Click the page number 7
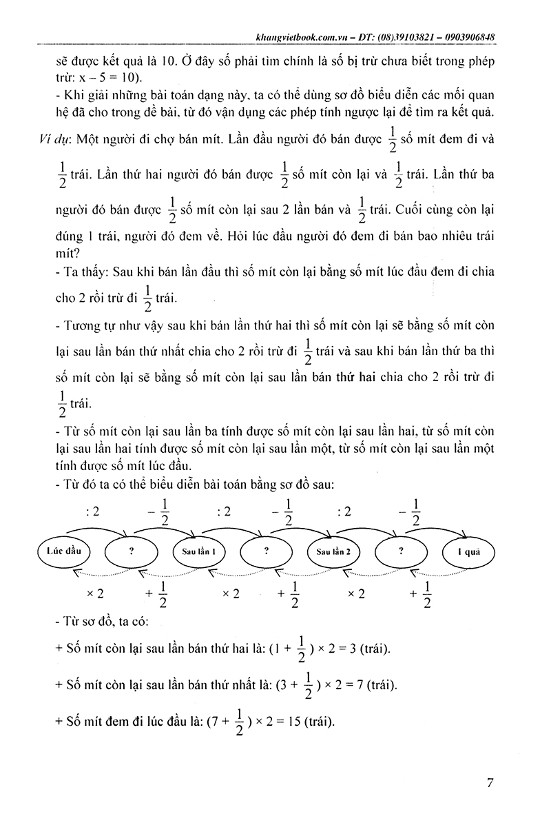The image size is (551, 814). pos(490,783)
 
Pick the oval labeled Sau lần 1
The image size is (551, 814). pos(200,552)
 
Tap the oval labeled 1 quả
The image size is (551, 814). pos(472,552)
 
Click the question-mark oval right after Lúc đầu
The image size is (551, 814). pos(132,552)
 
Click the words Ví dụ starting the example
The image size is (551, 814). pos(52,137)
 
